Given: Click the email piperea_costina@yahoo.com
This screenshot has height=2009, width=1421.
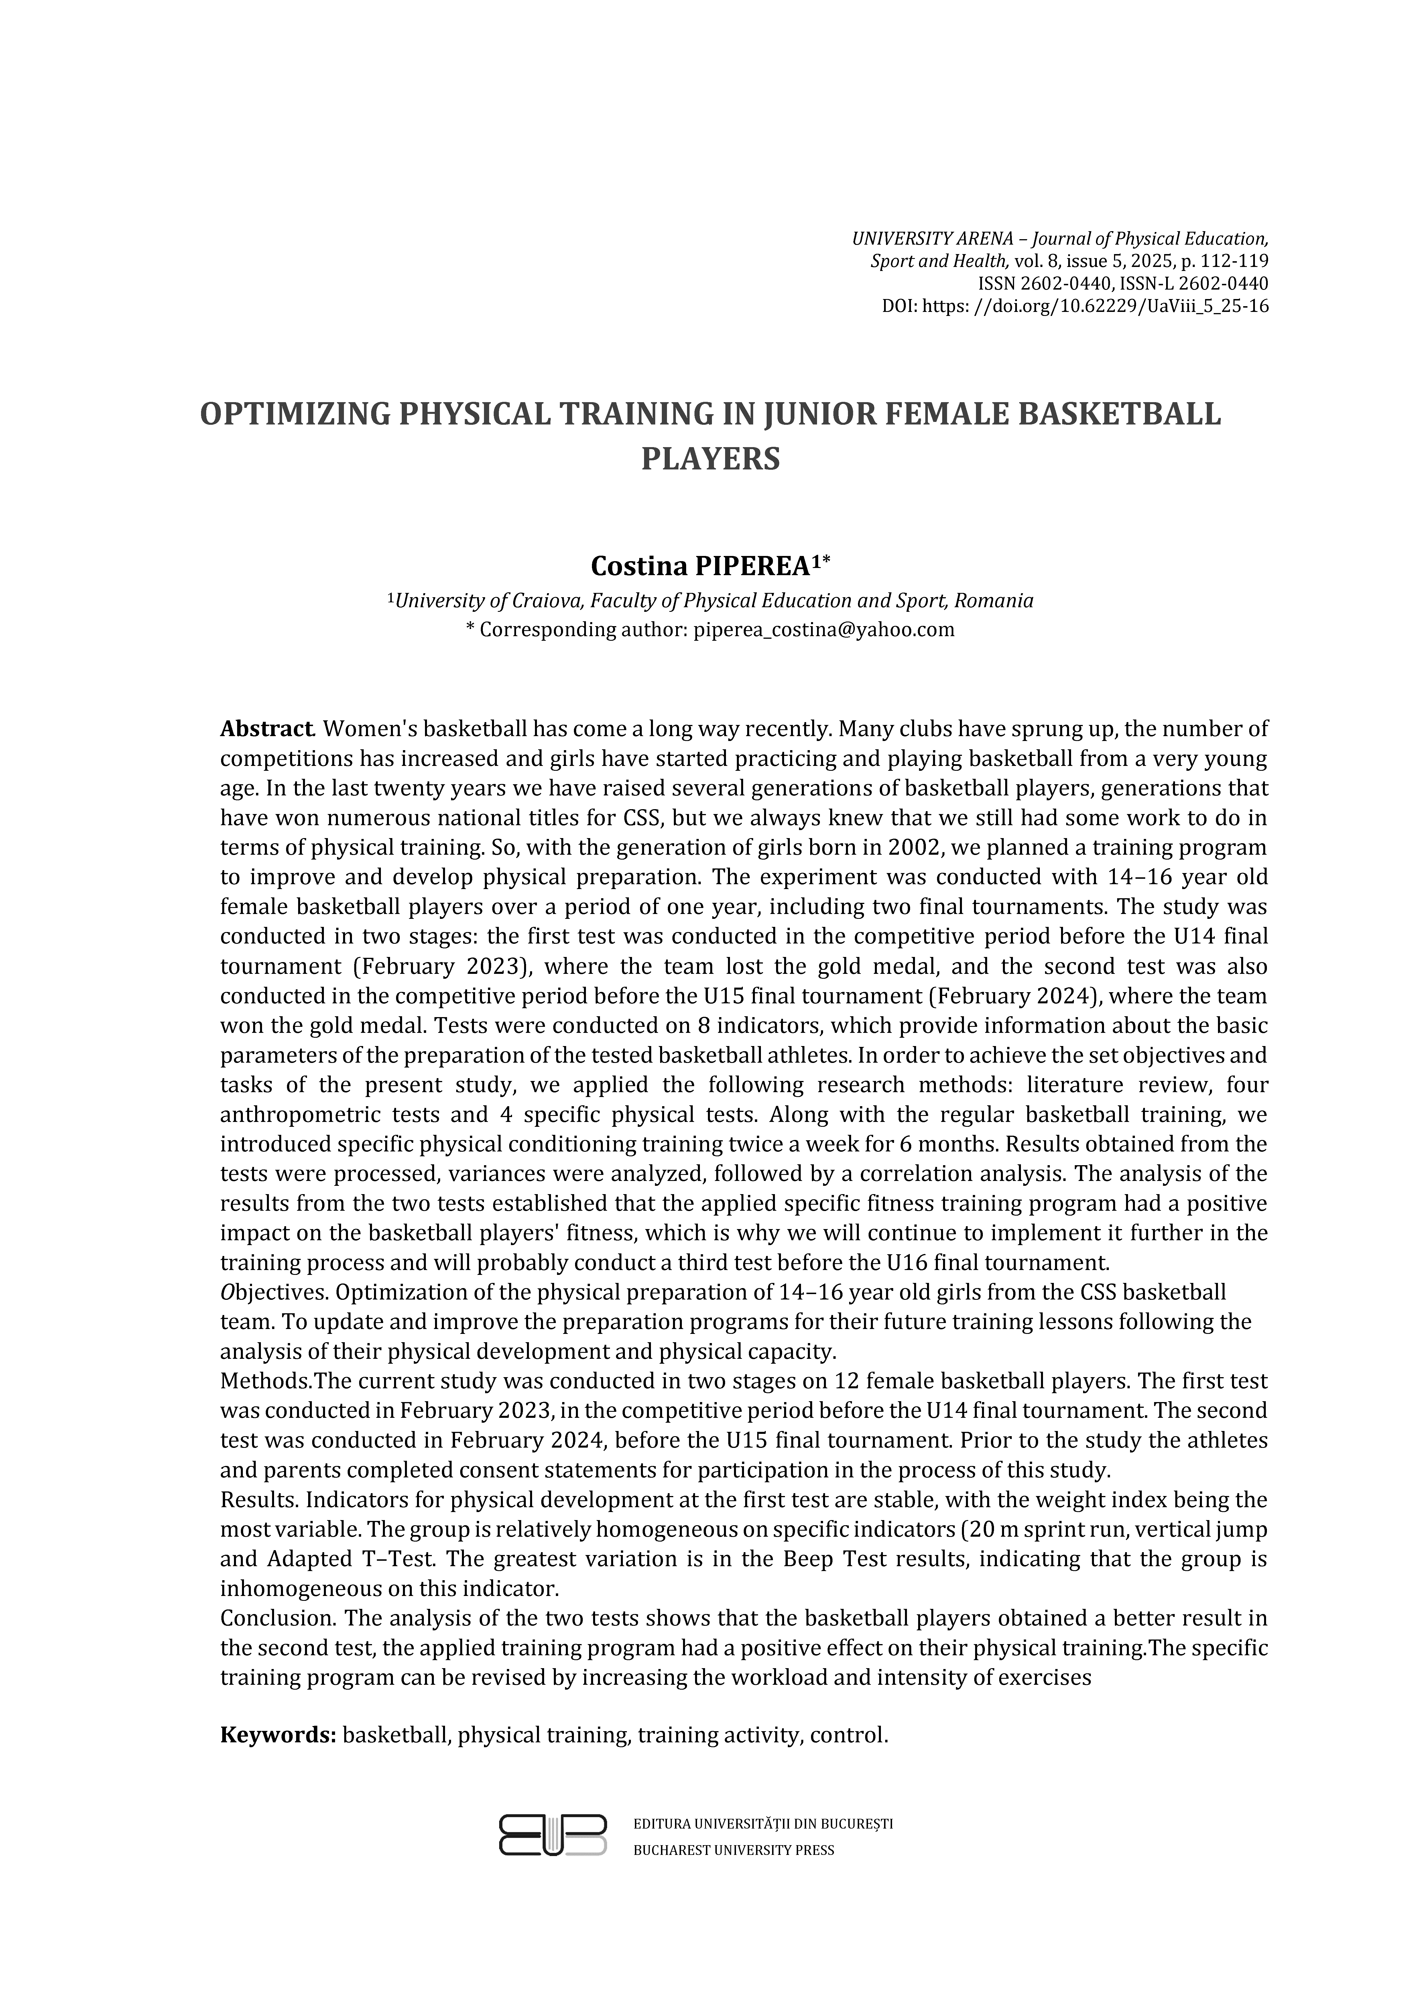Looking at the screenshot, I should pos(823,629).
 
